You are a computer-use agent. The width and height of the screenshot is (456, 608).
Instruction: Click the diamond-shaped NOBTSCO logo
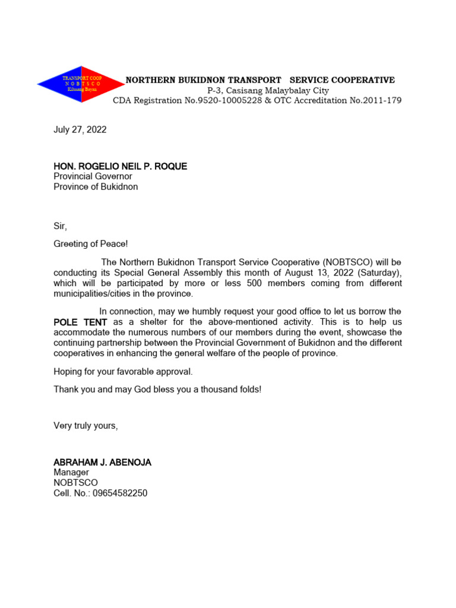click(73, 84)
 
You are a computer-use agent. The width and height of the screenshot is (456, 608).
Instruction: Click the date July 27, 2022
click(80, 129)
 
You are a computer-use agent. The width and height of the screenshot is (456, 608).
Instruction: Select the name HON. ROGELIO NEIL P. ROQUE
click(120, 166)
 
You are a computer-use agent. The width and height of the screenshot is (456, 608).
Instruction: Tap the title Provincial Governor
click(93, 176)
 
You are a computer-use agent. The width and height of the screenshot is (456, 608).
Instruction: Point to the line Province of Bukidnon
click(96, 186)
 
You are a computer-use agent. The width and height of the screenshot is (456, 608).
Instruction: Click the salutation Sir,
click(61, 226)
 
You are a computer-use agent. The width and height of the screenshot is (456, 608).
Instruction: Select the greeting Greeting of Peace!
click(90, 244)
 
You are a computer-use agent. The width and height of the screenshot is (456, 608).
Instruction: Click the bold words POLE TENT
click(80, 322)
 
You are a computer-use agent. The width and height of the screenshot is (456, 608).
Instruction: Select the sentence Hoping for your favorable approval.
click(123, 372)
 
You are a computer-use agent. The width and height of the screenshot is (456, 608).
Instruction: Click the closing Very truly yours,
click(86, 425)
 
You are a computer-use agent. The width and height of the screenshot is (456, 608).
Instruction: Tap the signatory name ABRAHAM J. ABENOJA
click(102, 463)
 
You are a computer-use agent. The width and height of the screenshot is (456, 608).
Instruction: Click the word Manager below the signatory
click(71, 473)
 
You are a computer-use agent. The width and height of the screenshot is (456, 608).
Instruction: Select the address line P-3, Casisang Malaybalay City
click(268, 90)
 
